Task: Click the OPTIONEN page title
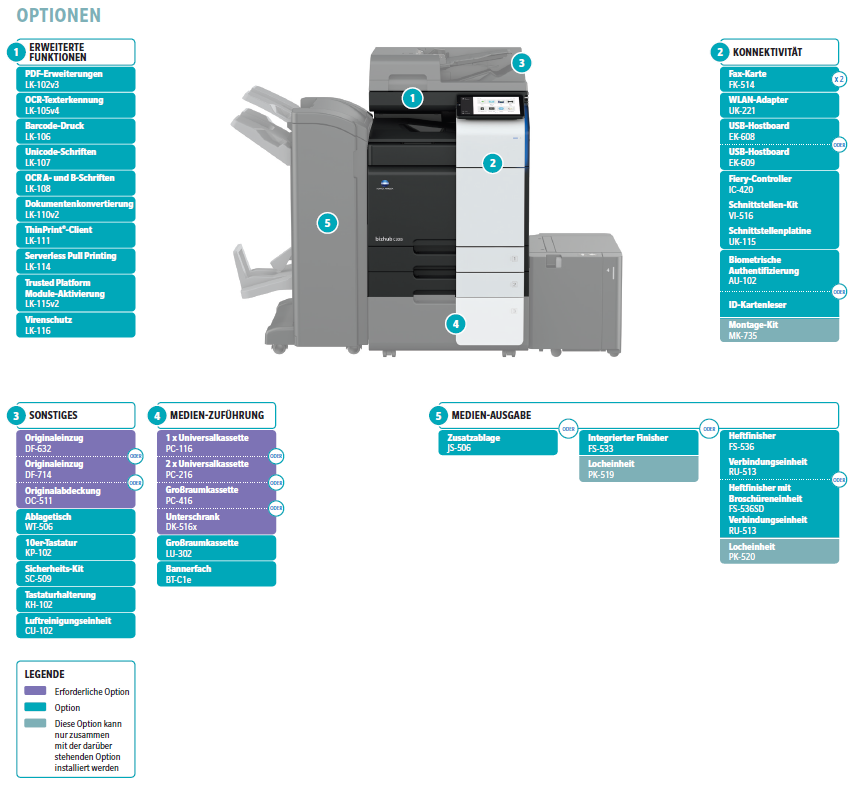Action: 58,16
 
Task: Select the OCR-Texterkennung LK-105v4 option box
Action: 76,105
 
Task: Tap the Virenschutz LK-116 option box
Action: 76,324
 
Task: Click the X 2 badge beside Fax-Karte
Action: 838,79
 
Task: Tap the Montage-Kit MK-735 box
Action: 778,331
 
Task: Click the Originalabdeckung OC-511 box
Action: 76,495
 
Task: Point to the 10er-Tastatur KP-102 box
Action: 76,547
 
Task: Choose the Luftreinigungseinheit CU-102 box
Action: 76,625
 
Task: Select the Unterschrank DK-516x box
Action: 216,521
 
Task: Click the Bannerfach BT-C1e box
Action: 216,573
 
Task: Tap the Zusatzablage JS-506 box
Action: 497,443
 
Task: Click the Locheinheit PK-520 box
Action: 778,551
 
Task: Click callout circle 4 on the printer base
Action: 455,323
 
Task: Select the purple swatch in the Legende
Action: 36,691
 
